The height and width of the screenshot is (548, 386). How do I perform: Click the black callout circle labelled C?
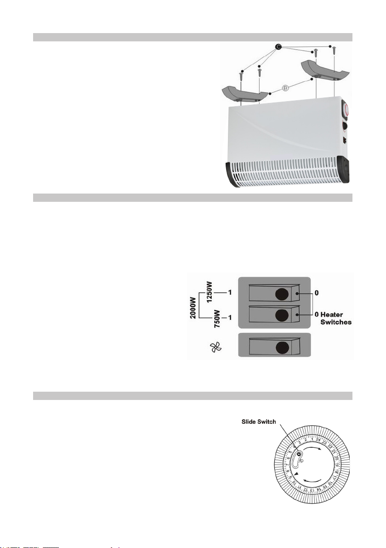(x=278, y=46)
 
